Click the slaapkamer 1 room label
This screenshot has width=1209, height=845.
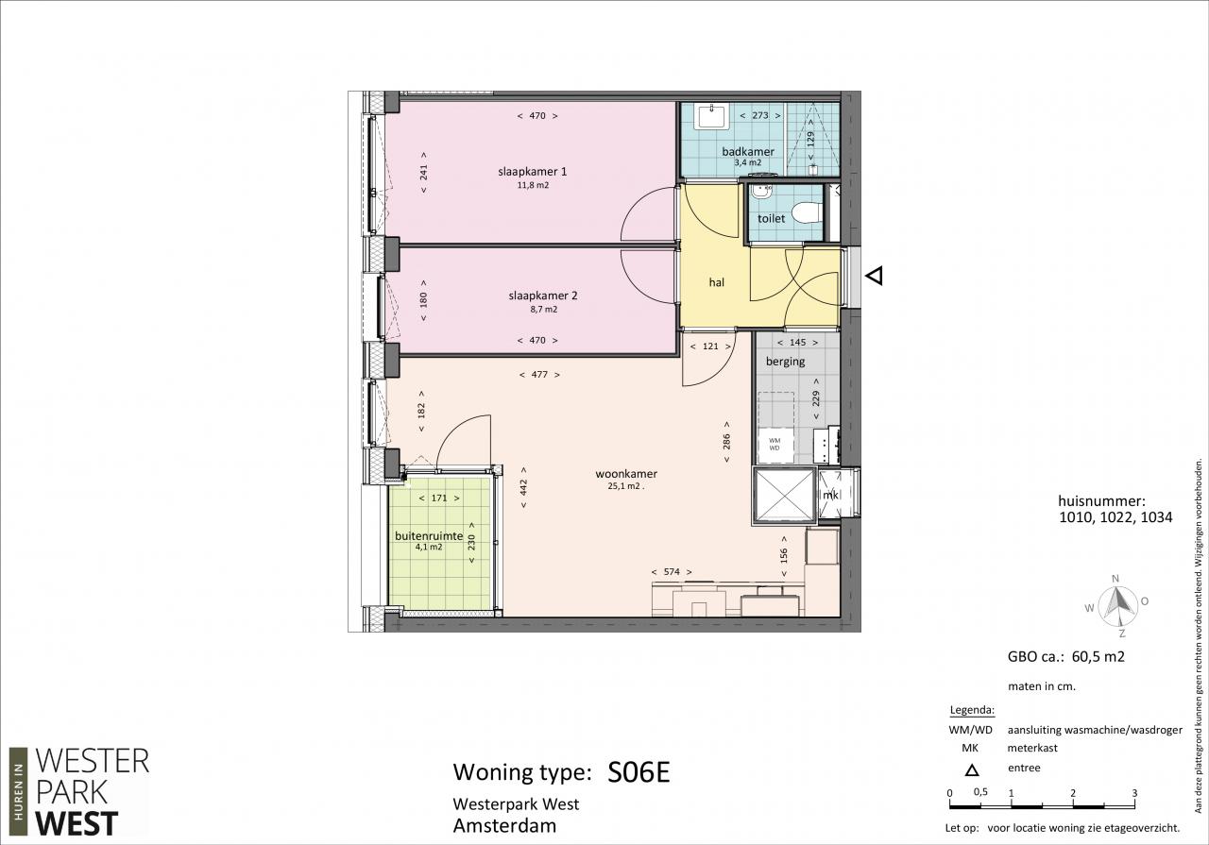coord(532,172)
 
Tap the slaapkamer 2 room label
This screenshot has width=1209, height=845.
coord(543,296)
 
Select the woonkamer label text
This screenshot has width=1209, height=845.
coord(626,474)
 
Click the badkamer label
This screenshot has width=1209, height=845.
coord(748,152)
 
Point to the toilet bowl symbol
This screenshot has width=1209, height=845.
coord(808,212)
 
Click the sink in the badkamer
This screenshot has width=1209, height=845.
coord(711,116)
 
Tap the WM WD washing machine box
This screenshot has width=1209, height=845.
coord(775,444)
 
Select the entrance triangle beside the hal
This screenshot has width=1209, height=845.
coord(875,276)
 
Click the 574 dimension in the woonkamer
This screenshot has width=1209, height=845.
coord(672,572)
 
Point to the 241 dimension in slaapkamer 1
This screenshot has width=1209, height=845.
coord(424,172)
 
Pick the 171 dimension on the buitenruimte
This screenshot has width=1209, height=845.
coord(439,499)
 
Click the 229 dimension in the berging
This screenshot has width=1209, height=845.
coord(816,398)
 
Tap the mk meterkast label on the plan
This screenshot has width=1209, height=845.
coord(830,495)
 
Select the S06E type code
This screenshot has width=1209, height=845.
coord(639,771)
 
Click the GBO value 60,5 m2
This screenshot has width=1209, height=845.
coord(1098,657)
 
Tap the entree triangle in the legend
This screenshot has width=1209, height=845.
coord(972,770)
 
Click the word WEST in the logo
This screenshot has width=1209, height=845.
coord(77,823)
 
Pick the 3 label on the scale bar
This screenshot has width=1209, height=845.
coord(1134,793)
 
